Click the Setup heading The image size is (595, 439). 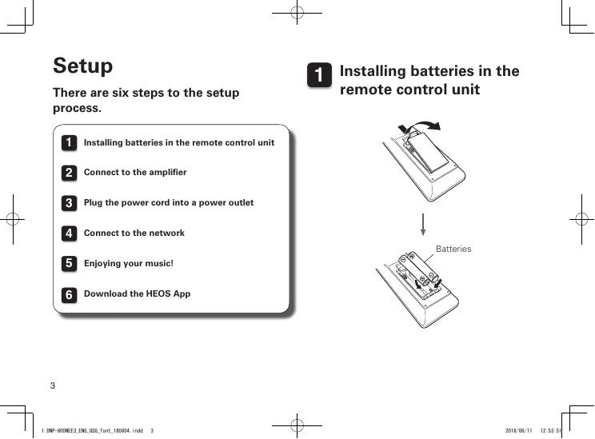(x=82, y=66)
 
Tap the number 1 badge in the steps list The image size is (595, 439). (x=70, y=143)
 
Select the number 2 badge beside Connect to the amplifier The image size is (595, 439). (x=70, y=173)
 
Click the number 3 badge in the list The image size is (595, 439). (x=70, y=203)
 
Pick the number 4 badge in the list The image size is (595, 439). (x=70, y=233)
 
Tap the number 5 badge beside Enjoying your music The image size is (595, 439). (x=70, y=264)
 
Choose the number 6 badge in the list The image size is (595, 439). (x=70, y=294)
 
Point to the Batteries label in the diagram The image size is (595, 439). (x=453, y=249)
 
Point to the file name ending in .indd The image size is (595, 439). (x=92, y=430)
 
